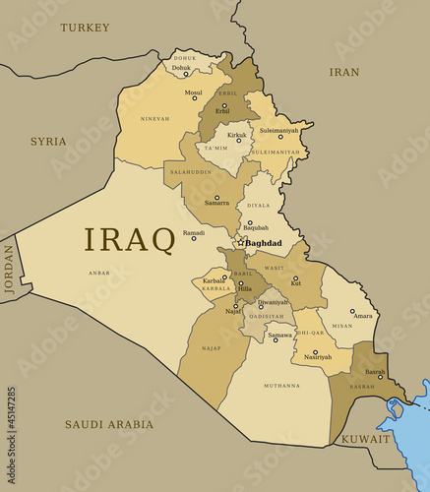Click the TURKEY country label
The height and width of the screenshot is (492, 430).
(x=85, y=28)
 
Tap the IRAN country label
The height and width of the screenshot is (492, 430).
(x=343, y=72)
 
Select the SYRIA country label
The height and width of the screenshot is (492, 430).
(x=48, y=142)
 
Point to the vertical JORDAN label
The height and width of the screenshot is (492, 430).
(x=10, y=269)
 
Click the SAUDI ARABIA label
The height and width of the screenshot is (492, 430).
(x=109, y=424)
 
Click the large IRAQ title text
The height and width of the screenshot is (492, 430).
(x=129, y=239)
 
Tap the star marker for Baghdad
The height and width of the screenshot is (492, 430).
(x=240, y=243)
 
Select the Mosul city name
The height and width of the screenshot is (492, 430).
(x=193, y=92)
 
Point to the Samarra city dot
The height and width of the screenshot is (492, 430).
(x=216, y=197)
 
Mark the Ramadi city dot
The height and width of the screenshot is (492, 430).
(x=193, y=238)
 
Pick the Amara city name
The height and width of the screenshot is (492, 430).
(x=362, y=316)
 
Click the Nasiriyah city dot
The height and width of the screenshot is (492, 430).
(x=315, y=351)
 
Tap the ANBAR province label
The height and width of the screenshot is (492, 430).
(x=99, y=273)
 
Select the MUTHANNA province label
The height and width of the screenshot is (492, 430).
(x=281, y=386)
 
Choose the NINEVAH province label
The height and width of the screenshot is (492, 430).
(x=154, y=119)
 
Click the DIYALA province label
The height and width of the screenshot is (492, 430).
(x=259, y=206)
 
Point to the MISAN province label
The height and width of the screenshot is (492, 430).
(x=342, y=326)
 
